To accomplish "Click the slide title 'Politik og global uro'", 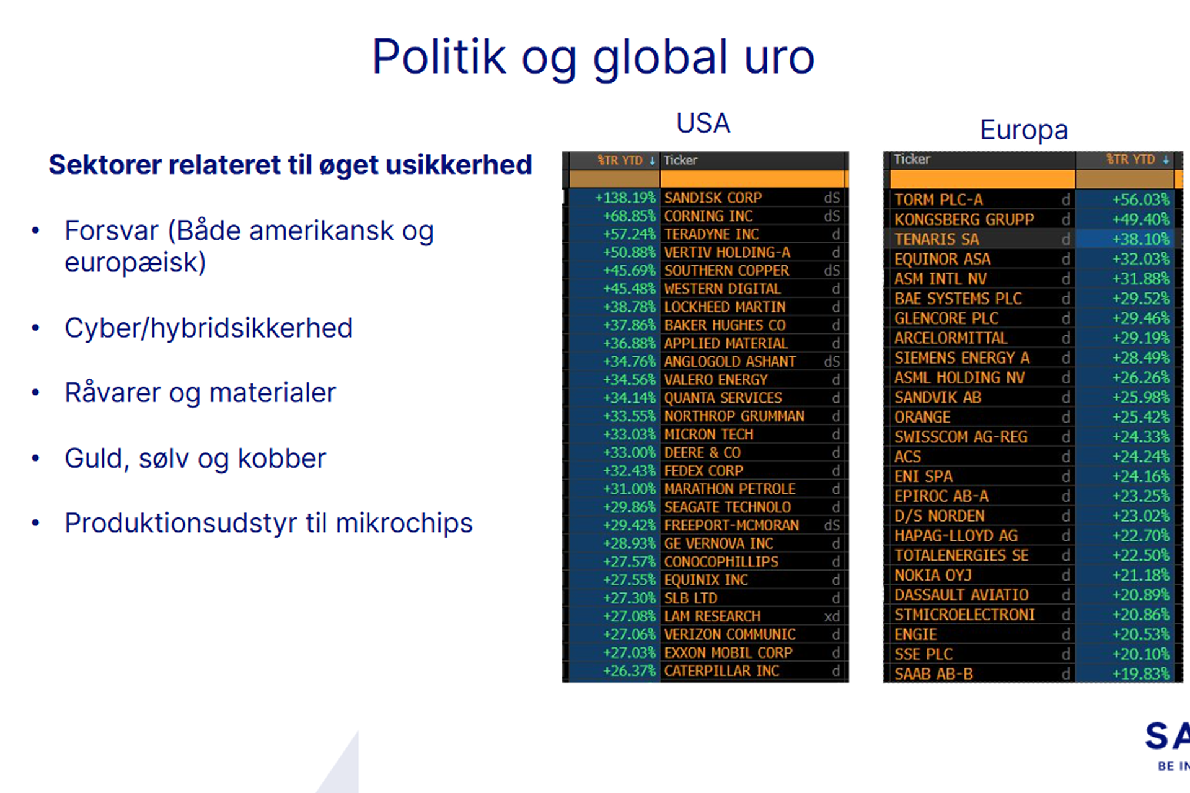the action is (593, 58).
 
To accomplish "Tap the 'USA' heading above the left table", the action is (703, 123).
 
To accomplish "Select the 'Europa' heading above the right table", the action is (1024, 130).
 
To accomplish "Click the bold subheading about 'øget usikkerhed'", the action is (290, 165).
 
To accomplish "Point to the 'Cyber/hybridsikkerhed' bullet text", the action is (208, 328).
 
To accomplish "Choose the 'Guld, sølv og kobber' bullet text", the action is (195, 459).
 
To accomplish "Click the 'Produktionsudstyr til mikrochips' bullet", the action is (268, 524).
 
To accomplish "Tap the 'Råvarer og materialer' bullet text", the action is (200, 393).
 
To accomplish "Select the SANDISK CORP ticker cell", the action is (713, 198).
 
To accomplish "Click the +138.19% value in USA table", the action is (625, 198).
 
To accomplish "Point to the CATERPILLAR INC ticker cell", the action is (721, 671).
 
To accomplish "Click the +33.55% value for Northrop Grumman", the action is (629, 416).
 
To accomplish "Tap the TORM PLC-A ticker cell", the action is (938, 199).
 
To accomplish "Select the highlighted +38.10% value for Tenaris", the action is (1140, 239).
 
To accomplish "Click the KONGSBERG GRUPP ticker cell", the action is (964, 219).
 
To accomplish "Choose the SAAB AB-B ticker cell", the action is (933, 674).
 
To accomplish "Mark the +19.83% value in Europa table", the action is (1140, 674).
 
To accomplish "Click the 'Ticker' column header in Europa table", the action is (912, 159).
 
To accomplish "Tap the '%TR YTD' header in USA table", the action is (620, 160).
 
